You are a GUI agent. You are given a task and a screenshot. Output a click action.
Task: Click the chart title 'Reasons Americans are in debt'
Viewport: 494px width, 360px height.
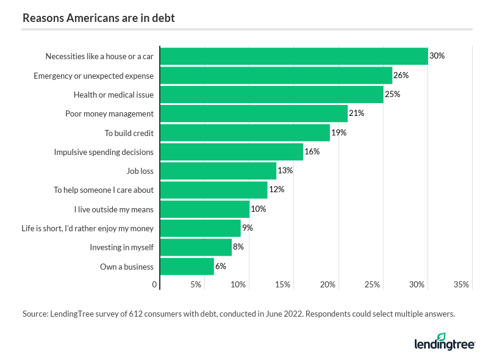(98, 18)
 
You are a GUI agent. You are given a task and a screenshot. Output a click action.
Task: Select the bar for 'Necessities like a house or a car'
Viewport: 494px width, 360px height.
(293, 56)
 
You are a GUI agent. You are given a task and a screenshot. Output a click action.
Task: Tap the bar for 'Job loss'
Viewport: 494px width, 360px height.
(218, 170)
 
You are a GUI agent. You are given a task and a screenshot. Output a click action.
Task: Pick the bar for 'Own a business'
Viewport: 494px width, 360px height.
(187, 266)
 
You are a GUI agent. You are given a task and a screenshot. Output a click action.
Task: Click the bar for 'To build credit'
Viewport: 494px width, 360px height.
(245, 132)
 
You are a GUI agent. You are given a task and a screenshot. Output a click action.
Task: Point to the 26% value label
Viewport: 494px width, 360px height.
(401, 75)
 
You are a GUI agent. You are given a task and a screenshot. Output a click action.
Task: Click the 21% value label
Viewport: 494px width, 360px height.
(356, 113)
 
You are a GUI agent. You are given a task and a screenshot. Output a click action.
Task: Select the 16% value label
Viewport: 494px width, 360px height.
(312, 151)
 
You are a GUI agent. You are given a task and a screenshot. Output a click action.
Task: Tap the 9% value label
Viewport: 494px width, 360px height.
(247, 228)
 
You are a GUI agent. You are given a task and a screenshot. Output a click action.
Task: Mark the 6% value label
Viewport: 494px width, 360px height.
(221, 266)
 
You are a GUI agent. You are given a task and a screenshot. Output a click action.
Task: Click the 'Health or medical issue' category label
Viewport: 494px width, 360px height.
(113, 95)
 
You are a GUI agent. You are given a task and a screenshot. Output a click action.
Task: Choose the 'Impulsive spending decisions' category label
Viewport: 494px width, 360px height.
(104, 152)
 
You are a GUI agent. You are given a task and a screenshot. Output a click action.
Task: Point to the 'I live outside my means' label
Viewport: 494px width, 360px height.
(114, 209)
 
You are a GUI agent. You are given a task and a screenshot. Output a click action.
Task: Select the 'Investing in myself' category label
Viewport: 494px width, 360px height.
(121, 247)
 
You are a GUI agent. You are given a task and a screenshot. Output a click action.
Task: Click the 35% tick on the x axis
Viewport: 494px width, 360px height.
(461, 284)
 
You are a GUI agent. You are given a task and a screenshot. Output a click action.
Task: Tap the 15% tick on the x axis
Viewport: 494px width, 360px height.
(283, 284)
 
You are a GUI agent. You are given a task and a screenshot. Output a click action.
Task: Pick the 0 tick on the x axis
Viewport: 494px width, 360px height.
(155, 284)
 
